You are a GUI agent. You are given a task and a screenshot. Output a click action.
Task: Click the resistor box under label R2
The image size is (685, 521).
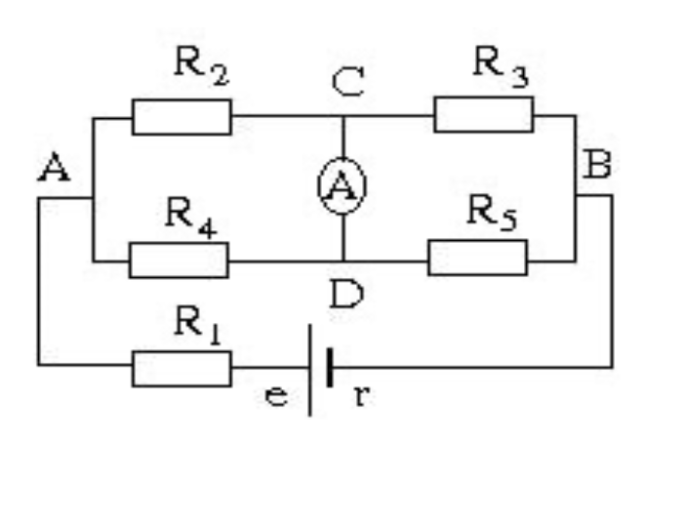pyautogui.click(x=181, y=117)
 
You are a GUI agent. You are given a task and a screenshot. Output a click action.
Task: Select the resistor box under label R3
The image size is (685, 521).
pyautogui.click(x=484, y=114)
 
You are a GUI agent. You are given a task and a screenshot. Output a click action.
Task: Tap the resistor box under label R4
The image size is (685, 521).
pyautogui.click(x=179, y=260)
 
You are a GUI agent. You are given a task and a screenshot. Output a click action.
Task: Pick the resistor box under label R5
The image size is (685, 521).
pyautogui.click(x=477, y=258)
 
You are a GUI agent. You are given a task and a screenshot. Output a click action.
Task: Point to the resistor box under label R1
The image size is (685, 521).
pyautogui.click(x=181, y=369)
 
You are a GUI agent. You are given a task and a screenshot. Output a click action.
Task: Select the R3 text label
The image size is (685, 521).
pyautogui.click(x=501, y=66)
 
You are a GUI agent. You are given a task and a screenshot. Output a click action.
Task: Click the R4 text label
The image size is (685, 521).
pyautogui.click(x=191, y=218)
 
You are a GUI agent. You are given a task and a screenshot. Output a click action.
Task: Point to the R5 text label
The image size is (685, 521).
pyautogui.click(x=493, y=213)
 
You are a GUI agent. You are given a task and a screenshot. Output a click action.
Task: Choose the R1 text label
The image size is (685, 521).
pyautogui.click(x=197, y=326)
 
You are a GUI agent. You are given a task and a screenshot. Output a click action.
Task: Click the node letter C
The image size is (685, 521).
pyautogui.click(x=347, y=82)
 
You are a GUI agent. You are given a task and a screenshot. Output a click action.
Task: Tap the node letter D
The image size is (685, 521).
pyautogui.click(x=346, y=295)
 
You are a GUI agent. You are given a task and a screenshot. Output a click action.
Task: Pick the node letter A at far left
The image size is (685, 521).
pyautogui.click(x=54, y=167)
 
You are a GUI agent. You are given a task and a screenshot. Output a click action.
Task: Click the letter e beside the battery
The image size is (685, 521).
pyautogui.click(x=277, y=396)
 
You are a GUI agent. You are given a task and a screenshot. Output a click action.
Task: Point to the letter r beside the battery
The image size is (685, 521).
pyautogui.click(x=362, y=396)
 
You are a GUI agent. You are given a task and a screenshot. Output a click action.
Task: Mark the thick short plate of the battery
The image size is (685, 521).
pyautogui.click(x=330, y=367)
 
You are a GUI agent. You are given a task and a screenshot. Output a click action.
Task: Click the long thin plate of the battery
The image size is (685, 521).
pyautogui.click(x=310, y=370)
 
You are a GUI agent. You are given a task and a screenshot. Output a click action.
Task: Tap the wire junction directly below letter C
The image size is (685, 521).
pyautogui.click(x=343, y=116)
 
